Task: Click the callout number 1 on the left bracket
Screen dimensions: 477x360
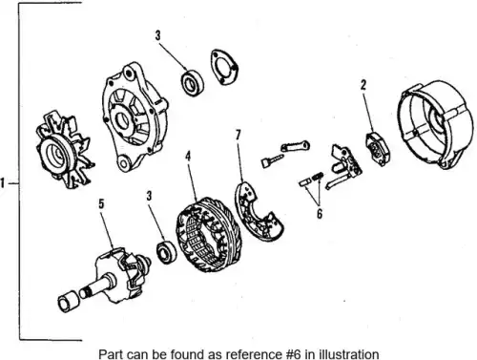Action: coord(3,183)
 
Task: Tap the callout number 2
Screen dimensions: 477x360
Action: coord(363,85)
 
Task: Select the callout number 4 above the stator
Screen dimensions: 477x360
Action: coord(188,157)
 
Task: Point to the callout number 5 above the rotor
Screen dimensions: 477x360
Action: coord(101,204)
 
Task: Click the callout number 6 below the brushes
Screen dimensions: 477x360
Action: coord(320,214)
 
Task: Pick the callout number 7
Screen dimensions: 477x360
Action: coord(238,135)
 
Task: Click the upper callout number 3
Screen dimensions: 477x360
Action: coord(158,35)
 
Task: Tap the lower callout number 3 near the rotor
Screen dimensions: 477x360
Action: coord(150,196)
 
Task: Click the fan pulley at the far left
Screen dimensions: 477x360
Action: coord(65,149)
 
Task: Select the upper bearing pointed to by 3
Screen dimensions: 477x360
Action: coord(193,83)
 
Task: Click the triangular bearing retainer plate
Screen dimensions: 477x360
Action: coord(223,67)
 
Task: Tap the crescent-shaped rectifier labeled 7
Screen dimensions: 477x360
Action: coord(259,212)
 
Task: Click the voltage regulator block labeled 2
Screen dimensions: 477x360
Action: coord(378,149)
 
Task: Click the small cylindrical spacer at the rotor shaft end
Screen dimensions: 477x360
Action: coord(68,301)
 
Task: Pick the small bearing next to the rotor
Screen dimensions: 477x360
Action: coord(166,252)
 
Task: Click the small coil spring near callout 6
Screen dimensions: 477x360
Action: coord(319,176)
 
